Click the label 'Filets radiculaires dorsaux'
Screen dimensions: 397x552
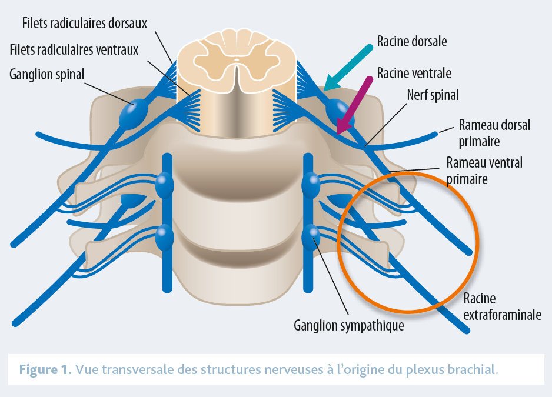coord(84,24)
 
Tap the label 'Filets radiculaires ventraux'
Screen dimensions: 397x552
coord(74,49)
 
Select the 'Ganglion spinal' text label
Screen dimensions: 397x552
coord(47,75)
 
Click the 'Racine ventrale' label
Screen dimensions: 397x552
coord(414,74)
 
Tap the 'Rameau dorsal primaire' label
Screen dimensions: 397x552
coord(494,133)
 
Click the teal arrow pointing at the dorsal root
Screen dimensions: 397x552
coord(350,67)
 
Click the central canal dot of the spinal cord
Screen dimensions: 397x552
coord(237,60)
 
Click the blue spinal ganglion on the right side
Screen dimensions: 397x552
coord(338,110)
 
